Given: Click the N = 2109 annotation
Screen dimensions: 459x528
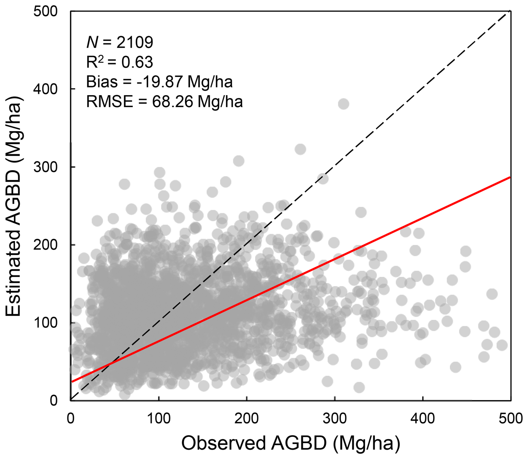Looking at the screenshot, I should (120, 42).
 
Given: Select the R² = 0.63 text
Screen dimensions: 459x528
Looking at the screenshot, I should (120, 62).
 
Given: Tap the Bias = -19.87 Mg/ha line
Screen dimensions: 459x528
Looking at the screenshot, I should (159, 82).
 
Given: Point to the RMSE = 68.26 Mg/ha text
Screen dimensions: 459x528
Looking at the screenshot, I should (164, 102).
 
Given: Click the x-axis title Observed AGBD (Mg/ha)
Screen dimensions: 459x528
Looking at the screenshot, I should (291, 443).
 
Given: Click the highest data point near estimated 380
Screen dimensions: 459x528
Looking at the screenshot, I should (344, 104).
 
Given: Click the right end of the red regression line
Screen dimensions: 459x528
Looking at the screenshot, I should (510, 177).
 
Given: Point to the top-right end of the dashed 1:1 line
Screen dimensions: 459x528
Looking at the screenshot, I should (510, 12).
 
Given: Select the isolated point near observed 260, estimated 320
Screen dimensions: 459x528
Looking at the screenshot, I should (300, 149).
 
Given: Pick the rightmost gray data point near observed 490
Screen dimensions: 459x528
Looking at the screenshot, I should (502, 345).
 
